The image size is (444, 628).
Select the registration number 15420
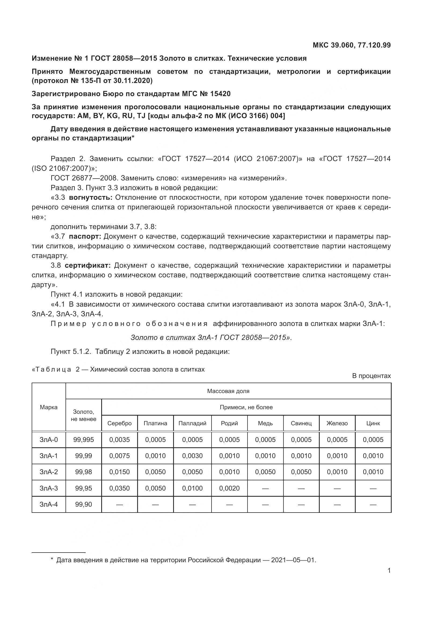(220, 94)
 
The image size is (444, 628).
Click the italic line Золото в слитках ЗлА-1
(211, 337)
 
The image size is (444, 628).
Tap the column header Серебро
(119, 423)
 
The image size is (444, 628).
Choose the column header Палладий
(192, 423)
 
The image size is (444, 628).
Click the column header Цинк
(373, 423)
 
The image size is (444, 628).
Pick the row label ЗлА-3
(49, 488)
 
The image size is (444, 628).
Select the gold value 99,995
(83, 440)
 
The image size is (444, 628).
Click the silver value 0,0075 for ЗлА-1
(119, 456)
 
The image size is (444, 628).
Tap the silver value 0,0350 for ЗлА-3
(119, 488)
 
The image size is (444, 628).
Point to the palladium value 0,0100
(192, 488)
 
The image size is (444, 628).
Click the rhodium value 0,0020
(229, 488)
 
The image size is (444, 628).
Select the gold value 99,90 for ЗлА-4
(83, 504)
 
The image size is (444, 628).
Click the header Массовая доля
(228, 391)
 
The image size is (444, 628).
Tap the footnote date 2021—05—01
(293, 560)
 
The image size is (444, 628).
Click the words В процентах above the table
(371, 376)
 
